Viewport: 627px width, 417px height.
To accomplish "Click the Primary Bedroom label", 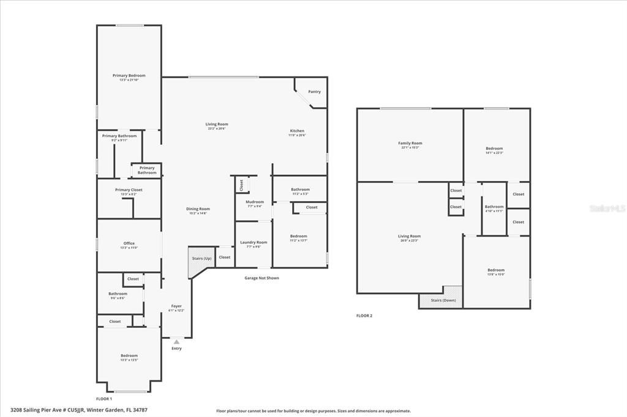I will tap(129, 76).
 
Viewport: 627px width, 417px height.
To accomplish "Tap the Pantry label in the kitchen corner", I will tap(314, 92).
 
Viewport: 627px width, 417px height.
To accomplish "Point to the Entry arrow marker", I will tap(176, 342).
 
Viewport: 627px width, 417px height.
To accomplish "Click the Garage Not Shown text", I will tap(261, 278).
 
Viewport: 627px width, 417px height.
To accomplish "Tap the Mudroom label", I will tap(254, 202).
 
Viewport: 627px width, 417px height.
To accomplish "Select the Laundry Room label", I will tap(253, 242).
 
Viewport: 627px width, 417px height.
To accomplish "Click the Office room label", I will tap(129, 243).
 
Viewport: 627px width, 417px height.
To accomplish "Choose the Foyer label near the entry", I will tap(176, 306).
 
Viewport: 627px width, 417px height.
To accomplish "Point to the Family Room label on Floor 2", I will tap(410, 143).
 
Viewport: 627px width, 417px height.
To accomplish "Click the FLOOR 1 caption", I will tap(104, 399).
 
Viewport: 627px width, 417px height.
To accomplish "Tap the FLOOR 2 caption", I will tap(364, 316).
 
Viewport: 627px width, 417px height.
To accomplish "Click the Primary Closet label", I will tap(129, 190).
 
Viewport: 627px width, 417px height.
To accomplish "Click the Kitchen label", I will tap(297, 131).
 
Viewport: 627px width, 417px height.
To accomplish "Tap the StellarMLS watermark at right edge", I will tap(607, 208).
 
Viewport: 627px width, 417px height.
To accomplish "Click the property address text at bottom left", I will tap(78, 410).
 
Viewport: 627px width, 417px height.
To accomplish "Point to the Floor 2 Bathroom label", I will tap(494, 207).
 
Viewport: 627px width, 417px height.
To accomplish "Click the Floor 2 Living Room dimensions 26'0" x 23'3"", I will tap(410, 240).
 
